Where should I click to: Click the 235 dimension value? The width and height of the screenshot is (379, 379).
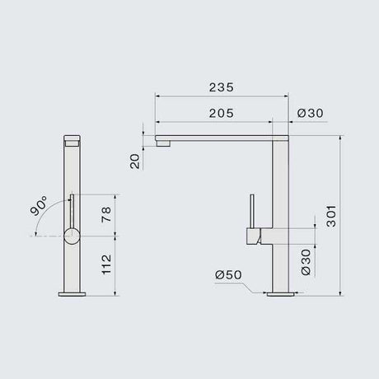(222, 85)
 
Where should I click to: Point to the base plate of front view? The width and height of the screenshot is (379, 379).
(72, 292)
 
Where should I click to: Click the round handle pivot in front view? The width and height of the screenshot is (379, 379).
(72, 236)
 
